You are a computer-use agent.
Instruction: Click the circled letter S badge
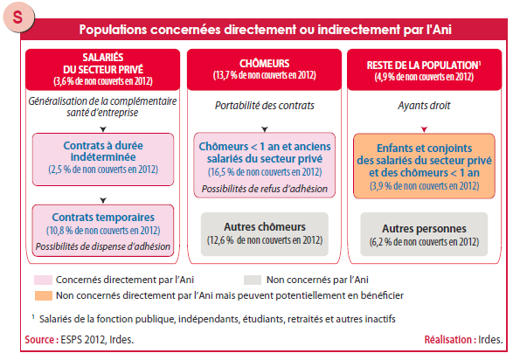click(18, 17)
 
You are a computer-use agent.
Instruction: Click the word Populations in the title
click(113, 30)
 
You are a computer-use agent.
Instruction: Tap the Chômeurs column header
click(264, 70)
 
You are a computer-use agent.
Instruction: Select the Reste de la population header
click(424, 70)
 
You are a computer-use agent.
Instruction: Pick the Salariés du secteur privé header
click(103, 70)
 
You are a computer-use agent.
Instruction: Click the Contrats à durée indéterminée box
click(103, 159)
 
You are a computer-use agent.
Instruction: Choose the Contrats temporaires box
click(103, 231)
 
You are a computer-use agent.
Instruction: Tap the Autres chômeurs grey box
click(265, 234)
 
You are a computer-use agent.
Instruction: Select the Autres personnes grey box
click(424, 234)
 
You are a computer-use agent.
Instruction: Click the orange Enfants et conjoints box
click(424, 166)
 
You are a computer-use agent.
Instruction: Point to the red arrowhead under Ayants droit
click(424, 129)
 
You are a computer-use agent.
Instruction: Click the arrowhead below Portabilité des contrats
click(265, 129)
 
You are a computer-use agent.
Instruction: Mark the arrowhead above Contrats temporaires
click(103, 200)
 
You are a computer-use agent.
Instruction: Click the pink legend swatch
click(43, 280)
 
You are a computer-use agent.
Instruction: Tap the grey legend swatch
click(253, 280)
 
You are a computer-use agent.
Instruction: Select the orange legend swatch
click(44, 295)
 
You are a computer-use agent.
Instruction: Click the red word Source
click(39, 340)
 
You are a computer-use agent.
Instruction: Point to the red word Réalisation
click(448, 340)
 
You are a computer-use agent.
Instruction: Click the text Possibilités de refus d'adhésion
click(265, 189)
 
